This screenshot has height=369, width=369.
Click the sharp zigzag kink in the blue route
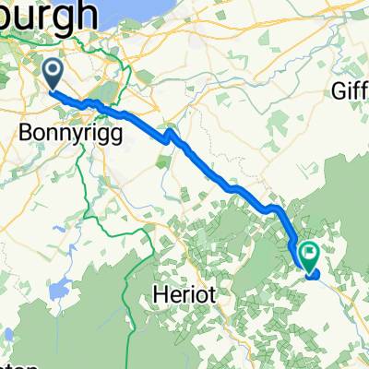pos(169,138)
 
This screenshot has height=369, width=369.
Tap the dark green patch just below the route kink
pos(163,161)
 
